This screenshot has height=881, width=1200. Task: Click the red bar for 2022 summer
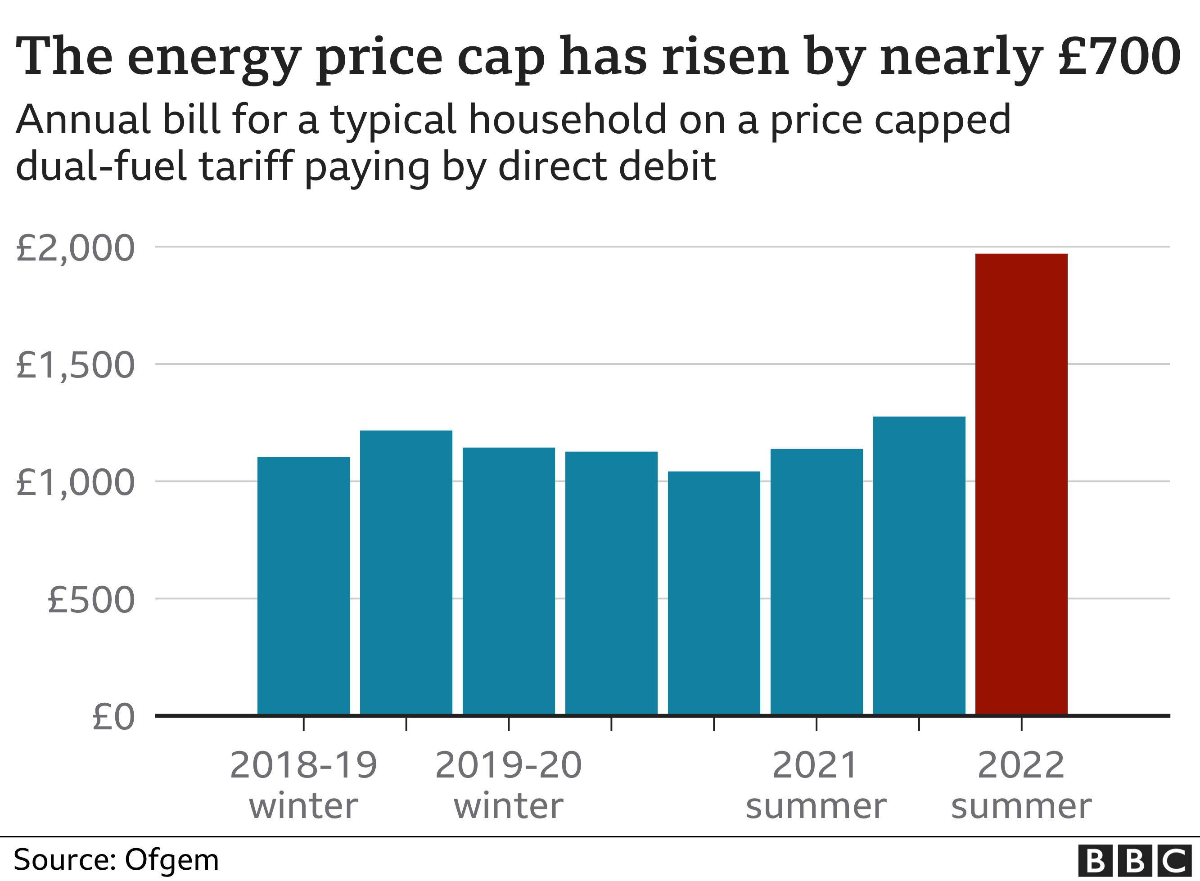point(1021,484)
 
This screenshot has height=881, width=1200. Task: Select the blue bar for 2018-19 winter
point(303,585)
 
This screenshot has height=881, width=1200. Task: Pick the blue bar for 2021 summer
point(816,581)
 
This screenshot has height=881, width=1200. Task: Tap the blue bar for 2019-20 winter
point(508,581)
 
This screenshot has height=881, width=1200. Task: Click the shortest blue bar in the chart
point(713,593)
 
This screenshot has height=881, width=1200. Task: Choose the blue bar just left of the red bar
point(918,565)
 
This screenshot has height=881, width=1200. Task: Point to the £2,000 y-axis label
point(75,248)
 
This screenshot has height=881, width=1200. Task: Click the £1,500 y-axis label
point(75,366)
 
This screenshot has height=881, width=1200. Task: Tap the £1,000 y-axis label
point(75,483)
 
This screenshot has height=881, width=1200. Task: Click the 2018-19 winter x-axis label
point(303,785)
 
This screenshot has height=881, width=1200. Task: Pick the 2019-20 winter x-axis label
point(508,785)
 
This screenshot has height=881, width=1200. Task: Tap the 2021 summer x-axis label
point(816,785)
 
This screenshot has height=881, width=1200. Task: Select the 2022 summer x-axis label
point(1021,785)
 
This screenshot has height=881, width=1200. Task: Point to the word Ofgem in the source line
point(172,860)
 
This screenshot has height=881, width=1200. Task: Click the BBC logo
point(1134,860)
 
